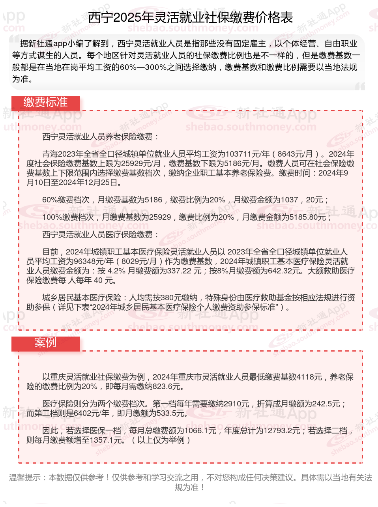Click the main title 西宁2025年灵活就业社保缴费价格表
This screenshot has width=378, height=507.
coord(190,18)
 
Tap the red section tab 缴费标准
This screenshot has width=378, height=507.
coord(45,103)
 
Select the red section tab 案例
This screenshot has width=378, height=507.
coord(45,342)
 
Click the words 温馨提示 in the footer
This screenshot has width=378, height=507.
coord(25,477)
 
